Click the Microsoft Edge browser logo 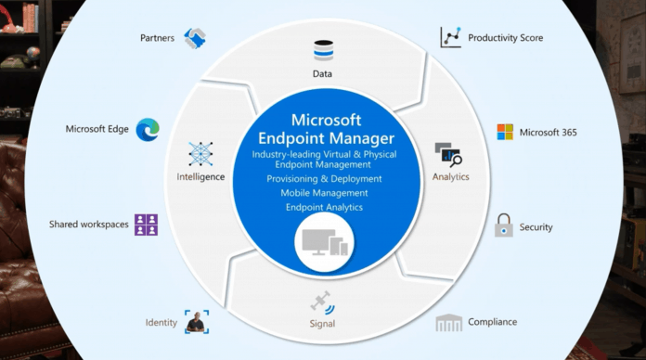click(147, 130)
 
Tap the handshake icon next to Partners click(195, 38)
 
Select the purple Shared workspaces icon click(147, 224)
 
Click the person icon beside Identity click(196, 322)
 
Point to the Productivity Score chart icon click(450, 38)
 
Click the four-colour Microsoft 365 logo click(505, 132)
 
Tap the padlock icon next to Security click(503, 225)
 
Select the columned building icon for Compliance click(449, 322)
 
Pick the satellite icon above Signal click(322, 302)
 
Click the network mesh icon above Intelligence click(201, 154)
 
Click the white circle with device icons click(322, 243)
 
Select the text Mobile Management click(323, 193)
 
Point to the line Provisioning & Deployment click(323, 178)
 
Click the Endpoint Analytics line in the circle click(323, 207)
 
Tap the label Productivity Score click(506, 38)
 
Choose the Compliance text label click(493, 322)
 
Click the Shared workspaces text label click(88, 225)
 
